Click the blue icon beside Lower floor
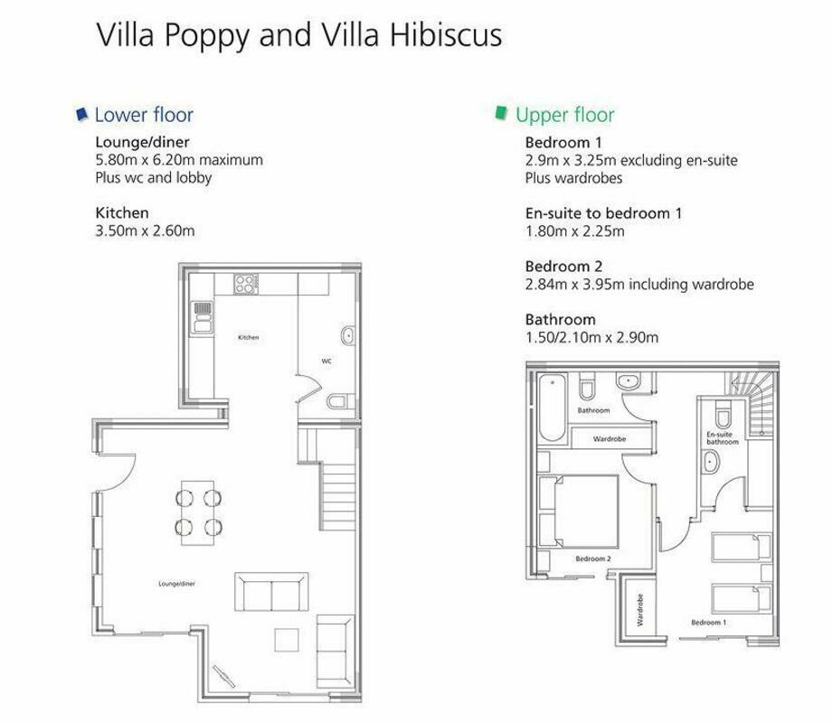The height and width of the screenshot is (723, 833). click(81, 114)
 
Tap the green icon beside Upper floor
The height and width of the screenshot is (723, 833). click(501, 113)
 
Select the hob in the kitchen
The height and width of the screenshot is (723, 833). click(246, 284)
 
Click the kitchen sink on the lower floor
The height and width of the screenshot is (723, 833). click(203, 317)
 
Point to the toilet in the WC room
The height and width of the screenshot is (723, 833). click(341, 400)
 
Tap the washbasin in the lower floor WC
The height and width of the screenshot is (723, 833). click(347, 335)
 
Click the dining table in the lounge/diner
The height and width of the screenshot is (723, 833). click(198, 512)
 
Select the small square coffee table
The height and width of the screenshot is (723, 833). click(287, 640)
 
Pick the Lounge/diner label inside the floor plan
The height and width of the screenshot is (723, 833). click(177, 584)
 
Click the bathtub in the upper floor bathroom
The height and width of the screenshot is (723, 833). click(552, 408)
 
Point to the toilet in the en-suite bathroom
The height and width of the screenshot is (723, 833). click(723, 415)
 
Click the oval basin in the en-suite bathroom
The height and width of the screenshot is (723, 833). click(710, 462)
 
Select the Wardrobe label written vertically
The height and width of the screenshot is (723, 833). click(640, 610)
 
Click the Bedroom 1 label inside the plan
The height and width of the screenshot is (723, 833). click(709, 622)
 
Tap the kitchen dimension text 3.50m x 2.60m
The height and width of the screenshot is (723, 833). click(145, 231)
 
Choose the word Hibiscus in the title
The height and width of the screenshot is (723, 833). click(446, 35)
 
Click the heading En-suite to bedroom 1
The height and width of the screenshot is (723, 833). click(603, 213)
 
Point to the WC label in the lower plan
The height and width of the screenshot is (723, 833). click(327, 361)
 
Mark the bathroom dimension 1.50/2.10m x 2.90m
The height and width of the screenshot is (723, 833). click(592, 337)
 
